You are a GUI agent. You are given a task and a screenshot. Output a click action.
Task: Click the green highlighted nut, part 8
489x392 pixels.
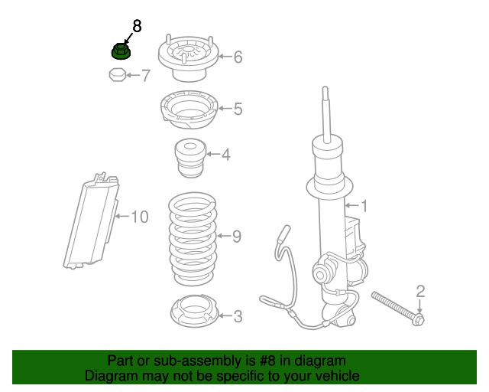(x=120, y=52)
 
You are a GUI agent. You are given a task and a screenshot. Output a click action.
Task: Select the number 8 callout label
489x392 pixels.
(x=137, y=26)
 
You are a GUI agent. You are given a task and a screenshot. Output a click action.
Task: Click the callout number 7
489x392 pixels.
(x=145, y=76)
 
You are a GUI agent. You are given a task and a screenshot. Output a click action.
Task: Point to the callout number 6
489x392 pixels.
(x=238, y=57)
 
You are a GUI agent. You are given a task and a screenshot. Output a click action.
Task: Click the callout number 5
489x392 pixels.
(x=238, y=109)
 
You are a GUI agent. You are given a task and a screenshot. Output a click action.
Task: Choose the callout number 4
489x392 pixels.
(x=226, y=155)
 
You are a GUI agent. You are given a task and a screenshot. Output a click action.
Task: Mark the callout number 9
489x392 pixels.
(x=236, y=237)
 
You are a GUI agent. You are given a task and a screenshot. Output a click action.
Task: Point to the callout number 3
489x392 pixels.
(x=238, y=315)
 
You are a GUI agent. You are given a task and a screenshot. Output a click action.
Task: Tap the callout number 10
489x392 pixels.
(x=138, y=217)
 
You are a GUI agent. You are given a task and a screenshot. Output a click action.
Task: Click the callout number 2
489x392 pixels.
(x=419, y=290)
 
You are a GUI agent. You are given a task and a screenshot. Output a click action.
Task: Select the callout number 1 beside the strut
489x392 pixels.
(x=364, y=205)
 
